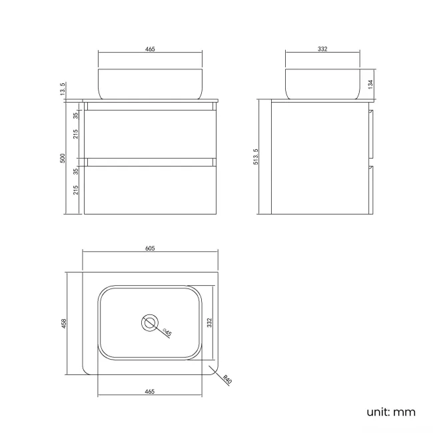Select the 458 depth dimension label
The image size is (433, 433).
pos(64,323)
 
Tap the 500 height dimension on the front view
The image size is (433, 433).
pos(63,158)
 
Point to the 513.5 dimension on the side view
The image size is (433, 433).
pos(256,158)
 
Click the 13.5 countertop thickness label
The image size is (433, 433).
pos(63,89)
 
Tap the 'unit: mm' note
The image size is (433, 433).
pos(390,412)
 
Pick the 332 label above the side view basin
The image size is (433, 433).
pos(322,49)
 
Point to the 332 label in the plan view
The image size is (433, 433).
pos(209,323)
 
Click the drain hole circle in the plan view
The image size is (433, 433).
pos(149,324)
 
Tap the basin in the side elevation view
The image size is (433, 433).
pos(322,84)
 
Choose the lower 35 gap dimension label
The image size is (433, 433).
pos(77,171)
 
